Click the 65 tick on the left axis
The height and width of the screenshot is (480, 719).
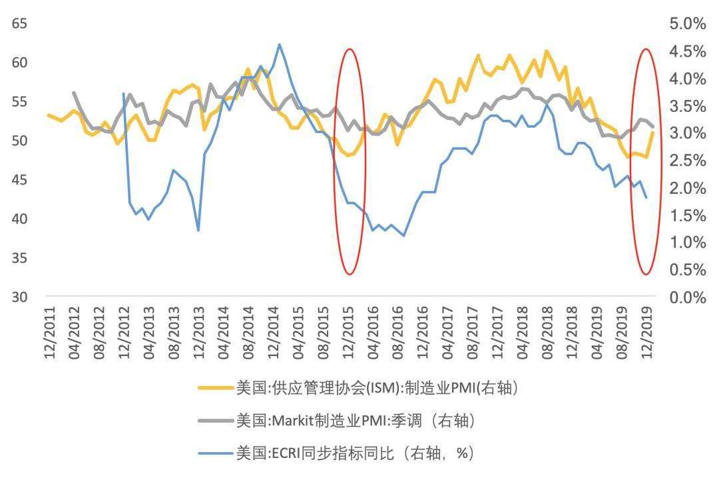coord(19,24)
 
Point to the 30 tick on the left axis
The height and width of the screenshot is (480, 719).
coord(19,297)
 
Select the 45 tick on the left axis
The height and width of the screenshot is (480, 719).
coord(19,180)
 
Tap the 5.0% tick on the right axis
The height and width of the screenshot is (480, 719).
coord(686,24)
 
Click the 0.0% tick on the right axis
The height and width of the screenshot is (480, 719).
coord(686,297)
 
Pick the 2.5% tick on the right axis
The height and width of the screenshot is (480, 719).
coord(686,160)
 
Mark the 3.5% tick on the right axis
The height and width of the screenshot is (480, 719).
coord(686,106)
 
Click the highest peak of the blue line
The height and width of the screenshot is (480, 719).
coord(279,45)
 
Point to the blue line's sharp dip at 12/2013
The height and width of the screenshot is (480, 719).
coord(198,230)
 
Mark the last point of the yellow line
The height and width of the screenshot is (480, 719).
coord(653,132)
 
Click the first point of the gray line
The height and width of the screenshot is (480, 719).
coord(73,93)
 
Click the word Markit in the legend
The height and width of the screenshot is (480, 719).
coord(294,421)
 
